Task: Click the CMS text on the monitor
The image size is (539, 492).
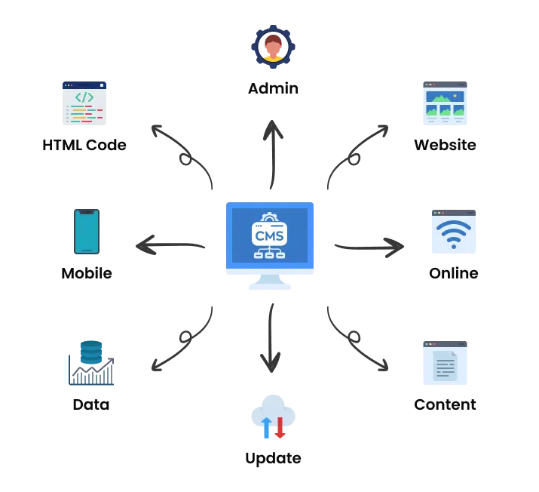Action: (x=269, y=235)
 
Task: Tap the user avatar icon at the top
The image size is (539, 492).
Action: (x=272, y=48)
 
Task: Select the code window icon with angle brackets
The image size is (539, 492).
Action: (x=84, y=103)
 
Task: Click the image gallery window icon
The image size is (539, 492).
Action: (x=446, y=103)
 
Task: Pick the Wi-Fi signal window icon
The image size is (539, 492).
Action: (x=452, y=229)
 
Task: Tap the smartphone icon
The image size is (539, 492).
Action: (x=87, y=232)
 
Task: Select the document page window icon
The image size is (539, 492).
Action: (x=446, y=363)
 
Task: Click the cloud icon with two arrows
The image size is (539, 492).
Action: (x=271, y=416)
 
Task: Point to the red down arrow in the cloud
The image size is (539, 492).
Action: (x=280, y=427)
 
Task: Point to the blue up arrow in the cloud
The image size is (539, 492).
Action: (x=265, y=428)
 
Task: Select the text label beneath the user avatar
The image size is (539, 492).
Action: (x=274, y=89)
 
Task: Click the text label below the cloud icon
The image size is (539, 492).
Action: (x=271, y=458)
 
